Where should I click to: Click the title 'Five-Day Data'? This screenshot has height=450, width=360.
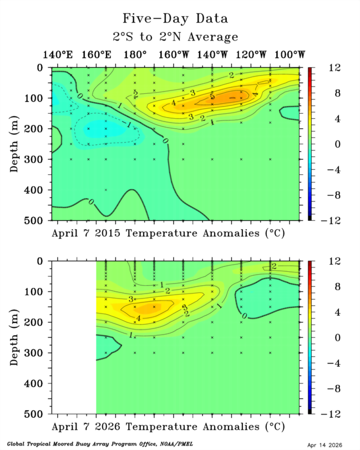(175, 18)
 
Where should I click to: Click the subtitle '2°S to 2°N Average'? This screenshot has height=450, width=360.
(175, 37)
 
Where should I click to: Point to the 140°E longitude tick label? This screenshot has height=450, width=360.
(57, 55)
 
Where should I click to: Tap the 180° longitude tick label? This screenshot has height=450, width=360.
(135, 55)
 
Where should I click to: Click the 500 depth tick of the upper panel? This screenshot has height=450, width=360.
(39, 220)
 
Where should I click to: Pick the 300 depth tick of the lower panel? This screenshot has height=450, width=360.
(39, 353)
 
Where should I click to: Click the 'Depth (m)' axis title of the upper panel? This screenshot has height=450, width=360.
(15, 144)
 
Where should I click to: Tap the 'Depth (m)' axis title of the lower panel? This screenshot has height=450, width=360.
(15, 337)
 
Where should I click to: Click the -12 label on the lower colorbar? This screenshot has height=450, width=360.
(320, 414)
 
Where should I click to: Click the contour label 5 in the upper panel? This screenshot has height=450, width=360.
(212, 97)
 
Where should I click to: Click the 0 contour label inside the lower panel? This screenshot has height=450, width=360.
(245, 316)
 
